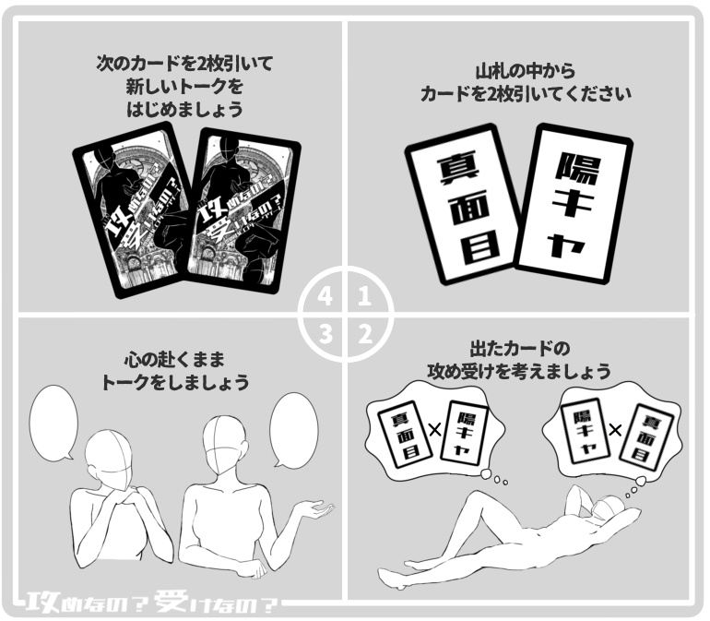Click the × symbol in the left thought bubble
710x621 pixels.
pyautogui.click(x=434, y=429)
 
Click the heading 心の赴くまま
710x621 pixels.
pyautogui.click(x=174, y=358)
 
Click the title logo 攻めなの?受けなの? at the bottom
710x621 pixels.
pyautogui.click(x=152, y=603)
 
